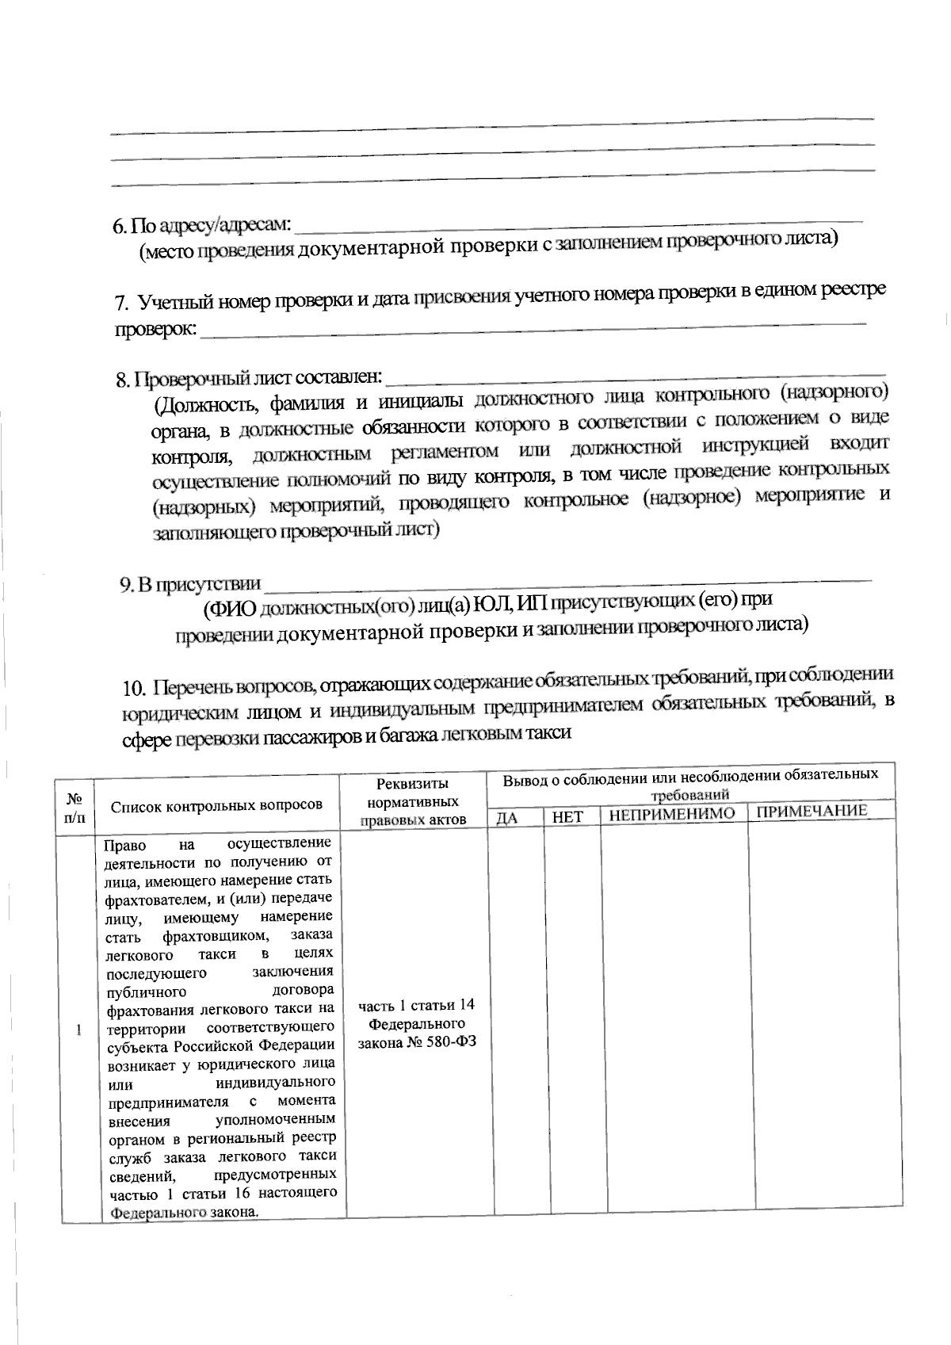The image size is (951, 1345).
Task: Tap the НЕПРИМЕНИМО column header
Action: click(x=672, y=814)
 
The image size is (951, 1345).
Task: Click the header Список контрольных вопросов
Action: click(x=216, y=805)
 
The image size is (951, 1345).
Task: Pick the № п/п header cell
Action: click(x=75, y=808)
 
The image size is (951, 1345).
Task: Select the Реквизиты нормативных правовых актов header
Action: click(x=413, y=801)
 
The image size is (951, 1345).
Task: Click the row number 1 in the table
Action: click(x=78, y=1031)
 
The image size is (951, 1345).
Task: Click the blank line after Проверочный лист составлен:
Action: click(x=634, y=375)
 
